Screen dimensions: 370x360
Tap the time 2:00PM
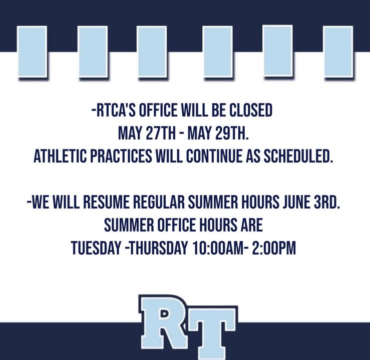(x=274, y=248)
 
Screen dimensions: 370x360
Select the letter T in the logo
(x=210, y=332)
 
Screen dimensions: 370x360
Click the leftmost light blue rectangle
(x=33, y=51)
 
